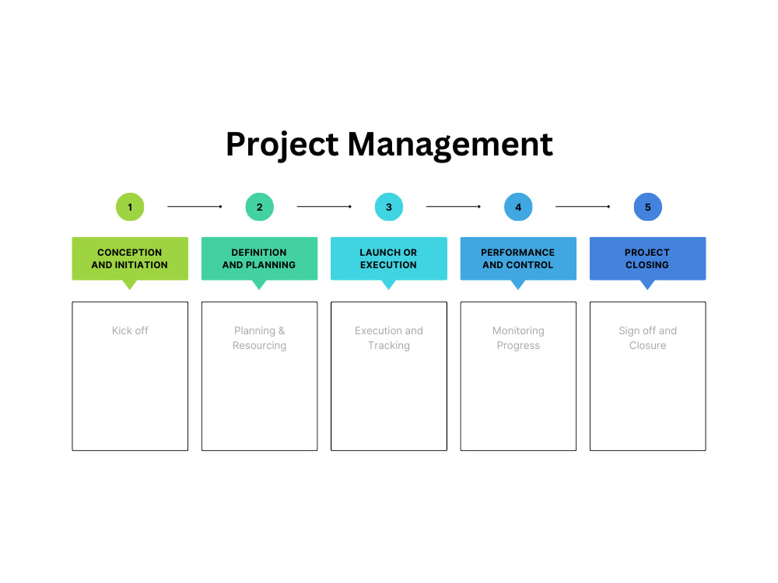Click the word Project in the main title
tap(282, 145)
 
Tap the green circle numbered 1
tap(130, 207)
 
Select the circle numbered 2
tap(259, 207)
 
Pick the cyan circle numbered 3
tap(389, 207)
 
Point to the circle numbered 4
tap(518, 207)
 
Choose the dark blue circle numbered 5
tap(647, 207)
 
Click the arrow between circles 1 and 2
tap(194, 207)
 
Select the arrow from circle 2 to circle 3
tap(324, 207)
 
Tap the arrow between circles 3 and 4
tap(454, 207)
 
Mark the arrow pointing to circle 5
tap(583, 207)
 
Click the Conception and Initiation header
tap(130, 258)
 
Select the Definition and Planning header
tap(259, 258)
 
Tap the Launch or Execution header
tap(389, 258)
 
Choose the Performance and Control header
tap(518, 258)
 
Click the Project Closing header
tap(647, 258)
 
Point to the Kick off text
tap(130, 330)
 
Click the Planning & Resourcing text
tap(259, 338)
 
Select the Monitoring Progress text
tap(518, 338)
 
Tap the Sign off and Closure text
tap(647, 338)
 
